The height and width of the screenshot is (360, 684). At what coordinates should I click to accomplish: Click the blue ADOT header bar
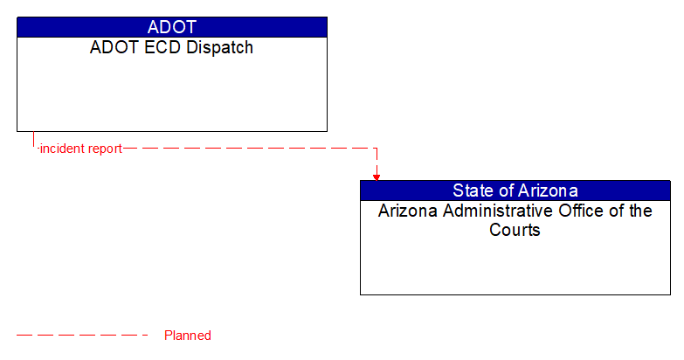point(171,26)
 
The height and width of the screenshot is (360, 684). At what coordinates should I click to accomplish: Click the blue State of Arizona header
point(515,190)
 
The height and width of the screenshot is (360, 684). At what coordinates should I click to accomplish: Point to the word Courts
point(515,231)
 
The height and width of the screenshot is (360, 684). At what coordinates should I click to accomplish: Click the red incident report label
point(80,149)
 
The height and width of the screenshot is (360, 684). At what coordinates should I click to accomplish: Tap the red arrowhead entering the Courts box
point(377,177)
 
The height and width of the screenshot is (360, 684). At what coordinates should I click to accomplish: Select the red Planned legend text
point(188,336)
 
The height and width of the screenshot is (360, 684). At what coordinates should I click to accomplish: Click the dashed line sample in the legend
point(82,335)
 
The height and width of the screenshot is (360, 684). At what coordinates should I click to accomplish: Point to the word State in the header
point(473,190)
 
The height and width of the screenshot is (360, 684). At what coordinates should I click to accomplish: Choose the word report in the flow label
point(104,149)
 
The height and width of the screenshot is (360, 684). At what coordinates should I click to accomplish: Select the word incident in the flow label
point(62,149)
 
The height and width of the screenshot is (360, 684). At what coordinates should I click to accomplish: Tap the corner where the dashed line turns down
point(377,149)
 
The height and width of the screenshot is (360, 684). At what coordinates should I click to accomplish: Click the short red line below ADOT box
point(33,140)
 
